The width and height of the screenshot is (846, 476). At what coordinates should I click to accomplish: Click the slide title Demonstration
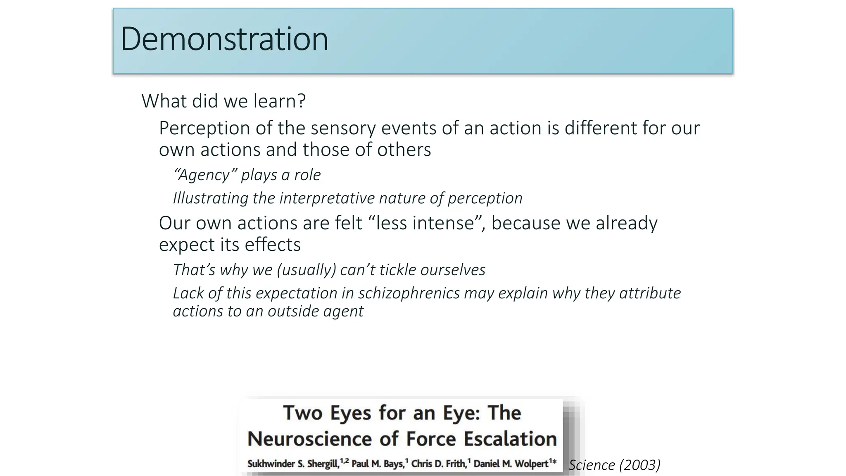pos(224,39)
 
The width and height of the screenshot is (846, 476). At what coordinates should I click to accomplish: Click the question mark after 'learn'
pos(302,101)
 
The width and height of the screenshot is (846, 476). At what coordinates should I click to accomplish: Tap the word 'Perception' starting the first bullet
pos(204,129)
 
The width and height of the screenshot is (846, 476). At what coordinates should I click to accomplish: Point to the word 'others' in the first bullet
pos(404,150)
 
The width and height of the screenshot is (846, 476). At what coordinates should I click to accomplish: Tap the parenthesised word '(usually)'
pos(307,270)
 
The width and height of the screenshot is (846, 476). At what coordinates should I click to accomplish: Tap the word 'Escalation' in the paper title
pos(510,439)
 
